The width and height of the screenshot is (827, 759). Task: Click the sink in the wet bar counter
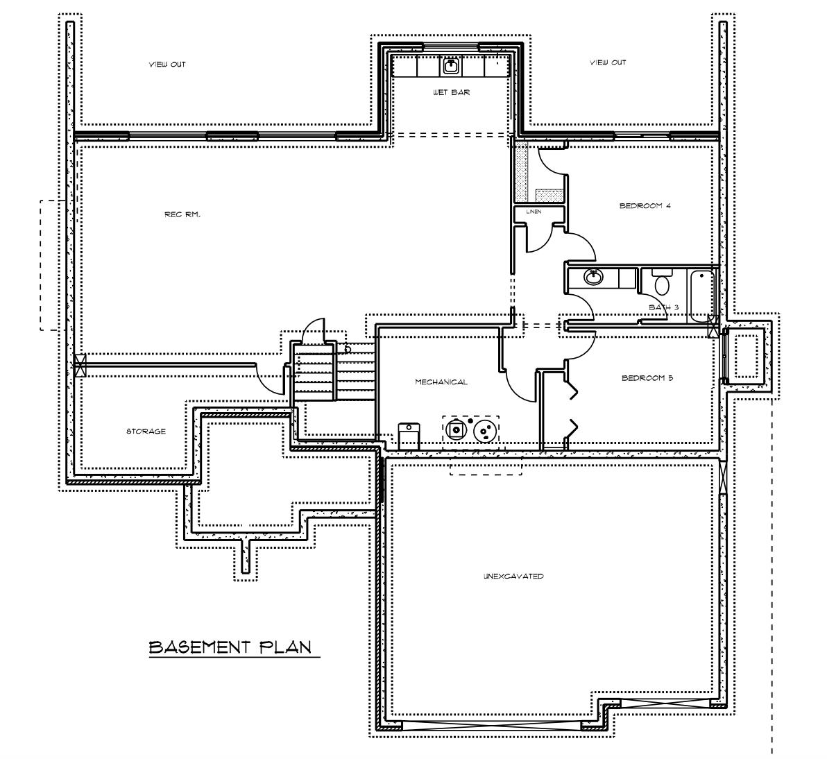coord(451,66)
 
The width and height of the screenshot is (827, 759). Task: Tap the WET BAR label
coord(451,92)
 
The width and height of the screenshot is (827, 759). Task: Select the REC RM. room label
coord(182,214)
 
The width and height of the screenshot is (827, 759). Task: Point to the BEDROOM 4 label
coord(645,205)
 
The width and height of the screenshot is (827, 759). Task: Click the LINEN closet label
coord(534,212)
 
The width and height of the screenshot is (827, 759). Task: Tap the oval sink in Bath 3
coord(594,276)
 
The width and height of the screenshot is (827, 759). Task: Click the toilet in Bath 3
coord(661,283)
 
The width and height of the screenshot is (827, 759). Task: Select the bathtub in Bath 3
coord(701,295)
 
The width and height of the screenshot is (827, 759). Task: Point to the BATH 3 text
coord(663,307)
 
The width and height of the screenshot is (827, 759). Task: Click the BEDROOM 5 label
coord(647,378)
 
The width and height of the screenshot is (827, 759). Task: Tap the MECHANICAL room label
coord(441,382)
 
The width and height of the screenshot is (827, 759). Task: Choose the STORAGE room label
coord(146,431)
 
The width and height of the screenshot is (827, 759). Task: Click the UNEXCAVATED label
coord(513,576)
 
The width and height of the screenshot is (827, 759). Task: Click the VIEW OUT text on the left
coord(167,65)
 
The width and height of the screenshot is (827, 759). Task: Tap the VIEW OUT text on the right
coord(608,62)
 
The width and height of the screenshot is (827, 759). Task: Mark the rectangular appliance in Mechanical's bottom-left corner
coord(409,436)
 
